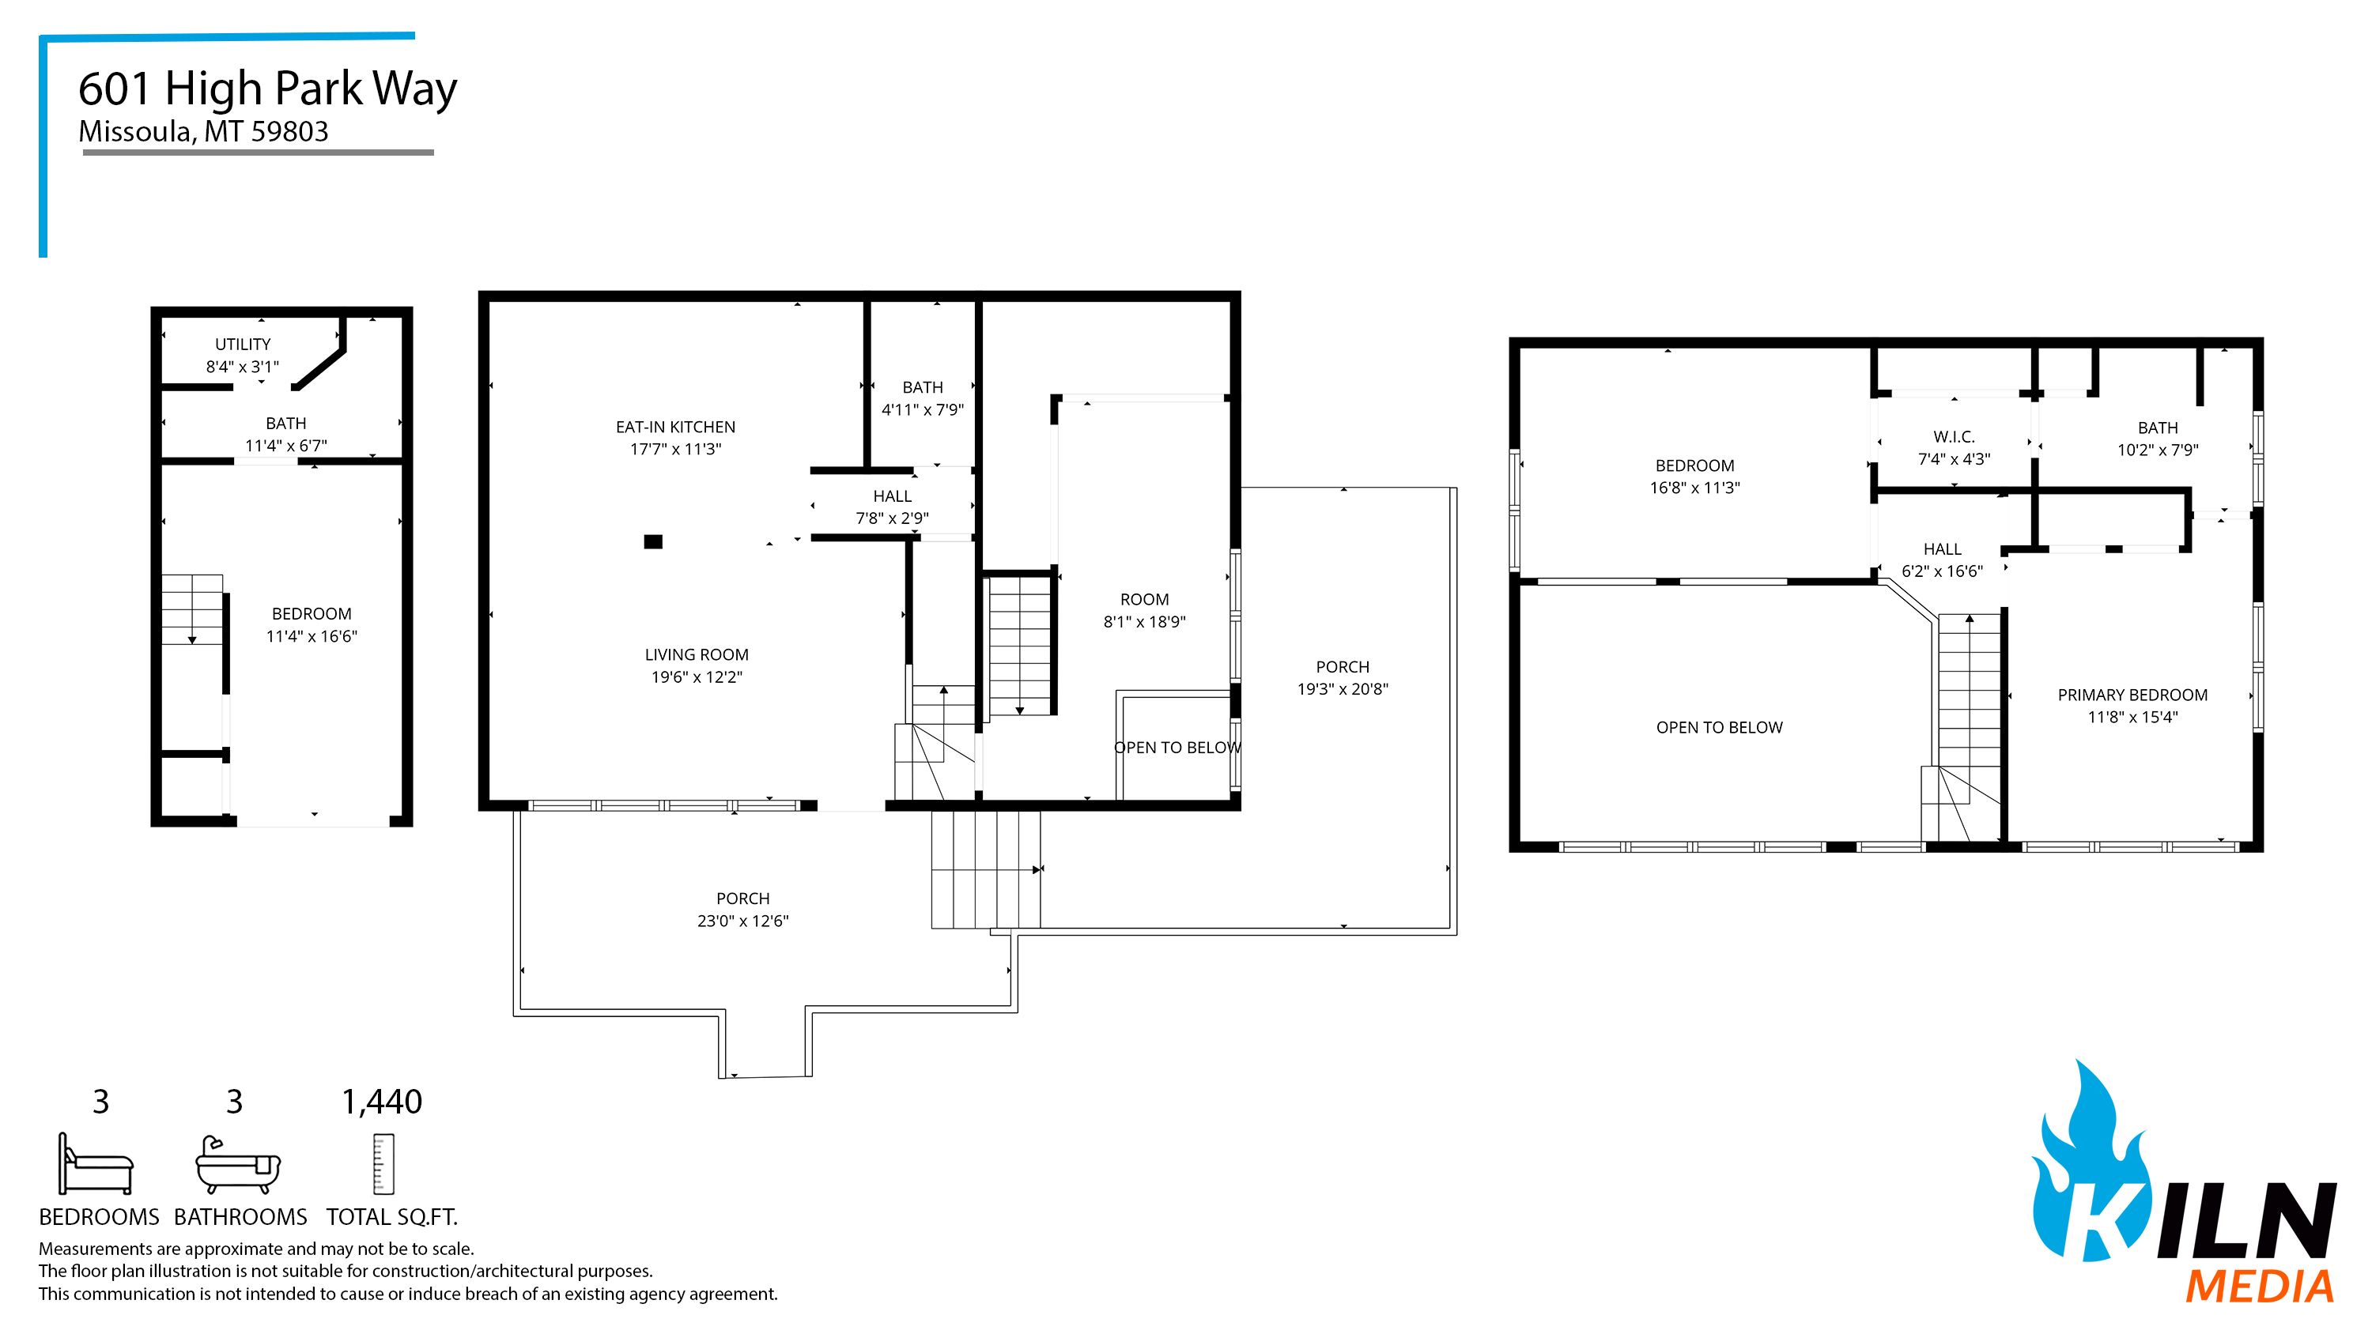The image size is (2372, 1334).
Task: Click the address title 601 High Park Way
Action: click(x=267, y=89)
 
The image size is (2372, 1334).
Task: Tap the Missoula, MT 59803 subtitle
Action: click(x=203, y=132)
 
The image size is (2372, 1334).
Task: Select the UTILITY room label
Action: click(x=242, y=345)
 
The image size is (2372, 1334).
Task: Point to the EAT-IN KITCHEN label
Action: click(x=675, y=428)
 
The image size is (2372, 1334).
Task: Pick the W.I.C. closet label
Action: click(x=1954, y=436)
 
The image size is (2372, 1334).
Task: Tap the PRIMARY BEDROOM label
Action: click(x=2132, y=695)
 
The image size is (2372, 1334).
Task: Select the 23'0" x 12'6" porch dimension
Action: click(x=743, y=921)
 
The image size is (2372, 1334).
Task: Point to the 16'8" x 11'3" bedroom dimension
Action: click(x=1694, y=488)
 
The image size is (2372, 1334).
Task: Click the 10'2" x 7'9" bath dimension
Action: click(x=2158, y=450)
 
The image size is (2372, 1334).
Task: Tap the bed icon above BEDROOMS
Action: click(x=96, y=1163)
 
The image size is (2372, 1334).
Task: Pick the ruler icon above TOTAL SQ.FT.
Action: click(x=383, y=1165)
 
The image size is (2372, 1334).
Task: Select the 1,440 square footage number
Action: click(x=381, y=1102)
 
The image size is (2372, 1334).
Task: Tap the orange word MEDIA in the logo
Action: click(x=2260, y=1286)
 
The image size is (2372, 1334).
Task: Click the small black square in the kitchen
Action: click(x=653, y=542)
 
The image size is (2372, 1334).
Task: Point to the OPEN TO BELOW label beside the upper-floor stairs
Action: click(x=1718, y=727)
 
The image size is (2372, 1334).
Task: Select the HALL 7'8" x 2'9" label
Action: click(x=891, y=507)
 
